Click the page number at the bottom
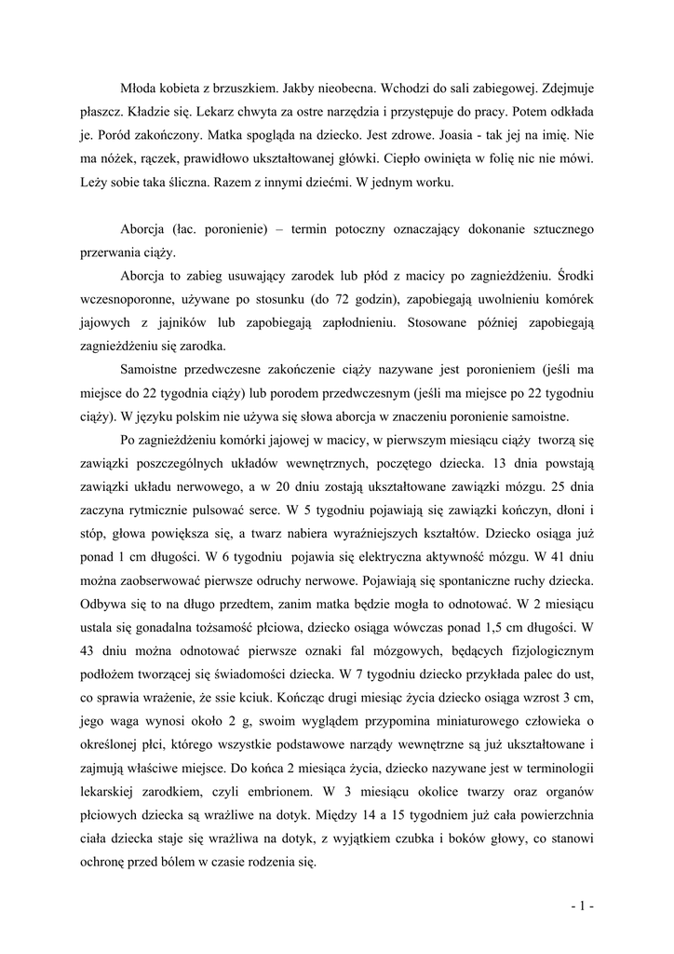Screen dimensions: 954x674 [x=584, y=905]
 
